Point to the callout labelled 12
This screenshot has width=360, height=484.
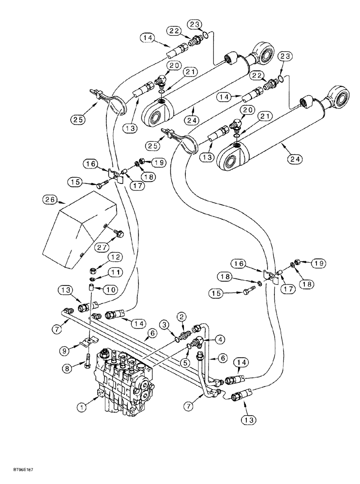(x=114, y=257)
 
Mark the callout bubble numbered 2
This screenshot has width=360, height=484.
(x=181, y=317)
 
